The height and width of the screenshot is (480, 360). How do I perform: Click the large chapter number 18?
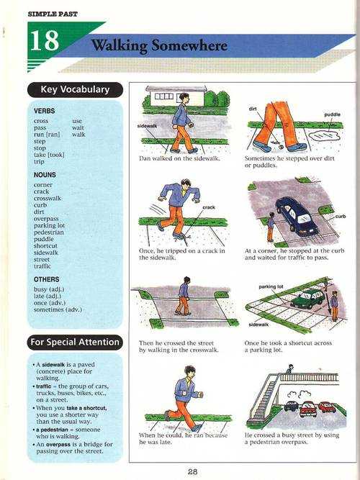(x=45, y=40)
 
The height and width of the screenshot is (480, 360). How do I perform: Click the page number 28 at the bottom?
(x=192, y=472)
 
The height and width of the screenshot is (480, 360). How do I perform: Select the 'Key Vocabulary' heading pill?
(x=75, y=90)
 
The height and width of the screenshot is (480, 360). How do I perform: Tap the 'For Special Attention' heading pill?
(x=75, y=342)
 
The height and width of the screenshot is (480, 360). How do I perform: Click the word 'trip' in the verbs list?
(x=39, y=162)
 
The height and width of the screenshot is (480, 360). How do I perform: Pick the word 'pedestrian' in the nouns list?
(x=49, y=232)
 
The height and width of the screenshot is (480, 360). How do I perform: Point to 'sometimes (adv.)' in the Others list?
(x=58, y=309)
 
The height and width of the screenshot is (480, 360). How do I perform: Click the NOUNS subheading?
(x=45, y=175)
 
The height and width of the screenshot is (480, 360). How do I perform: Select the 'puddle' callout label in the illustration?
(x=332, y=114)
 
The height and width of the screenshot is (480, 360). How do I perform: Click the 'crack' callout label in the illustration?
(x=209, y=207)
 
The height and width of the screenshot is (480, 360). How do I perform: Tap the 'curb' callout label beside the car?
(x=341, y=216)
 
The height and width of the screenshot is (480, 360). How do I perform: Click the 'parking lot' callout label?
(x=271, y=287)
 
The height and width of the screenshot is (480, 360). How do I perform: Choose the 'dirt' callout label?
(x=253, y=109)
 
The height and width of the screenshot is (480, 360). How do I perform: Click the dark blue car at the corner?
(x=296, y=217)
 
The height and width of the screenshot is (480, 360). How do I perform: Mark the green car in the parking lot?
(x=307, y=298)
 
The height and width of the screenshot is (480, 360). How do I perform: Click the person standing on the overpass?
(x=289, y=368)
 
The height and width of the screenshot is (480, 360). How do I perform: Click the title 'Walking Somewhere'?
(x=159, y=46)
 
